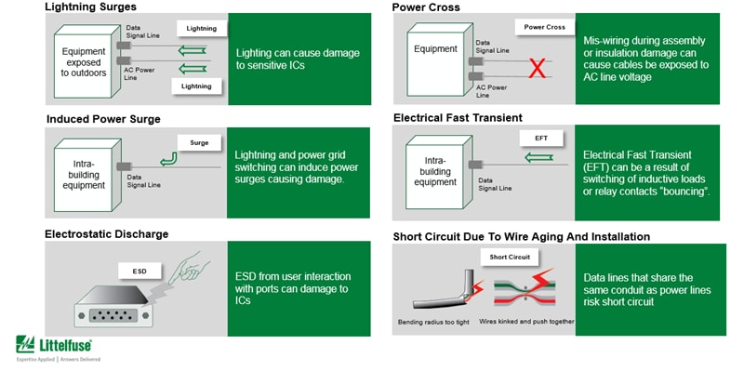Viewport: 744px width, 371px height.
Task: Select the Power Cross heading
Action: coord(426,7)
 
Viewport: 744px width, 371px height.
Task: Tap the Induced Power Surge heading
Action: coord(103,119)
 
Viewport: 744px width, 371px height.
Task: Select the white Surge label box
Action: coord(199,144)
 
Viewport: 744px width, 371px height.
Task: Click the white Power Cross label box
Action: coord(544,27)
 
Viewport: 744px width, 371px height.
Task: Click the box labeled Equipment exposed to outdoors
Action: coord(84,60)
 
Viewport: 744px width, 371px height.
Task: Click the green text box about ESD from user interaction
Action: coord(298,288)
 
